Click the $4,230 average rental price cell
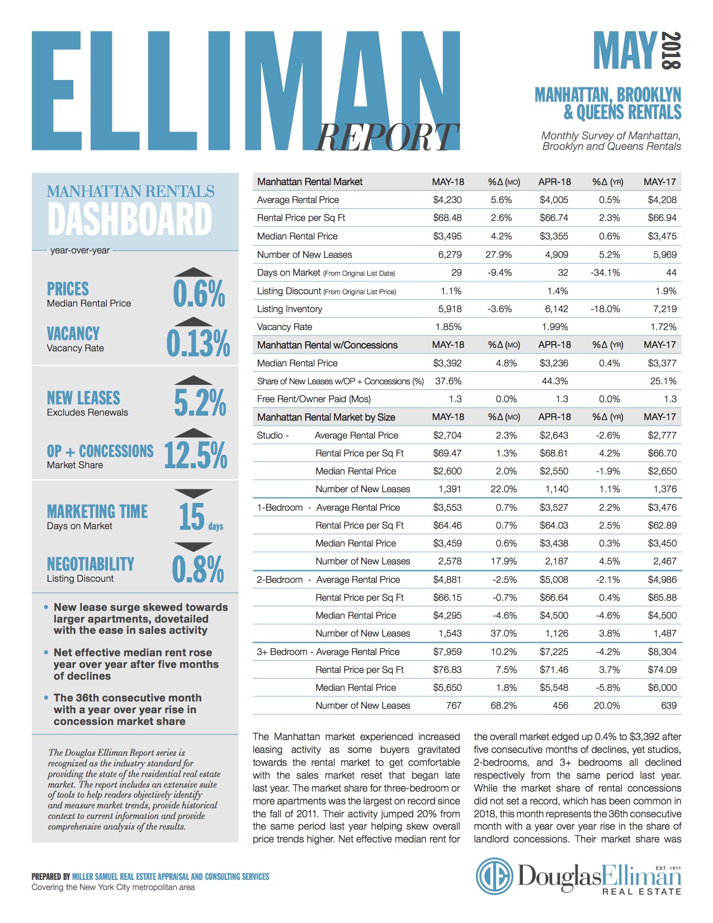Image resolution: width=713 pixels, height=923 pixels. tap(447, 200)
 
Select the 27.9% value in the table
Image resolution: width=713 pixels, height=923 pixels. tap(499, 255)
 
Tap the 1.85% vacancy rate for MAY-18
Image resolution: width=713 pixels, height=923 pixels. tap(448, 327)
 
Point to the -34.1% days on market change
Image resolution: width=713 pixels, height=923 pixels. tap(605, 272)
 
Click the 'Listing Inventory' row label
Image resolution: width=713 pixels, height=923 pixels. tap(290, 309)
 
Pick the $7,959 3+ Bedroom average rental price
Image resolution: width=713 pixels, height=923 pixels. tap(447, 652)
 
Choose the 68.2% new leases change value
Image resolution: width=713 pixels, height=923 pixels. tap(504, 705)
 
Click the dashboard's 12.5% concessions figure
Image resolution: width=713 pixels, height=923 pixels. tap(196, 455)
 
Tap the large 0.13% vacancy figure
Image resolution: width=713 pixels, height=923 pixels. tap(198, 343)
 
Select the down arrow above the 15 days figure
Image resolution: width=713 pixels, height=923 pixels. tap(193, 493)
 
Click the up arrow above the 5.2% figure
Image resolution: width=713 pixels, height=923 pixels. tap(193, 380)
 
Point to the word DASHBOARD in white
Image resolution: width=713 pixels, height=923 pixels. tap(130, 219)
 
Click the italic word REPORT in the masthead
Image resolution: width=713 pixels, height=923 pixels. tap(387, 137)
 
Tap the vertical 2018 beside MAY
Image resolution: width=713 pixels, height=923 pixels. tap(672, 50)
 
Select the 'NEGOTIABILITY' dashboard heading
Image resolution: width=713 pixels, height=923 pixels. tap(91, 564)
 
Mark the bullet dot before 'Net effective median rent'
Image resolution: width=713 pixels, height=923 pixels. tap(46, 652)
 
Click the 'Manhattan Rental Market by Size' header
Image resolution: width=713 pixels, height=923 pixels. tap(326, 417)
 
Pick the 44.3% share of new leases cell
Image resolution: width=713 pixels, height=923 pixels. tap(555, 381)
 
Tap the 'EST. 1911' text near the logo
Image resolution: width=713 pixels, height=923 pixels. tap(668, 868)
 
